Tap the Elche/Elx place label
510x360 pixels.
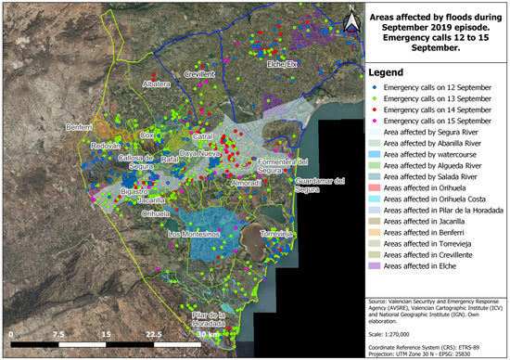[285, 64]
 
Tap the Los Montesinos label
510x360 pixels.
[194, 235]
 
